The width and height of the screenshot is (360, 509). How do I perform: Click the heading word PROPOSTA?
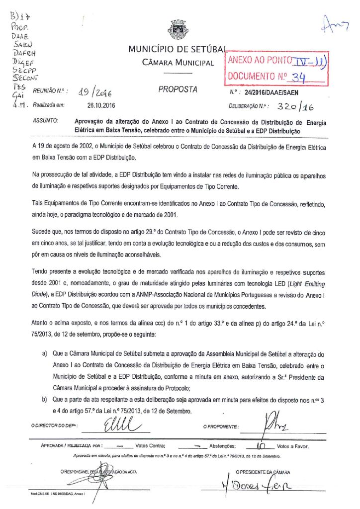point(178,90)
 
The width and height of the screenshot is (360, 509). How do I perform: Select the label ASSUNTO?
point(45,121)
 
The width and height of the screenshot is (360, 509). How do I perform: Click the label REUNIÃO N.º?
point(50,92)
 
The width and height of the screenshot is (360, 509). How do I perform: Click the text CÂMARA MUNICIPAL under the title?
point(178,63)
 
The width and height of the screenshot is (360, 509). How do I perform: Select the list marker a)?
point(44,354)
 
